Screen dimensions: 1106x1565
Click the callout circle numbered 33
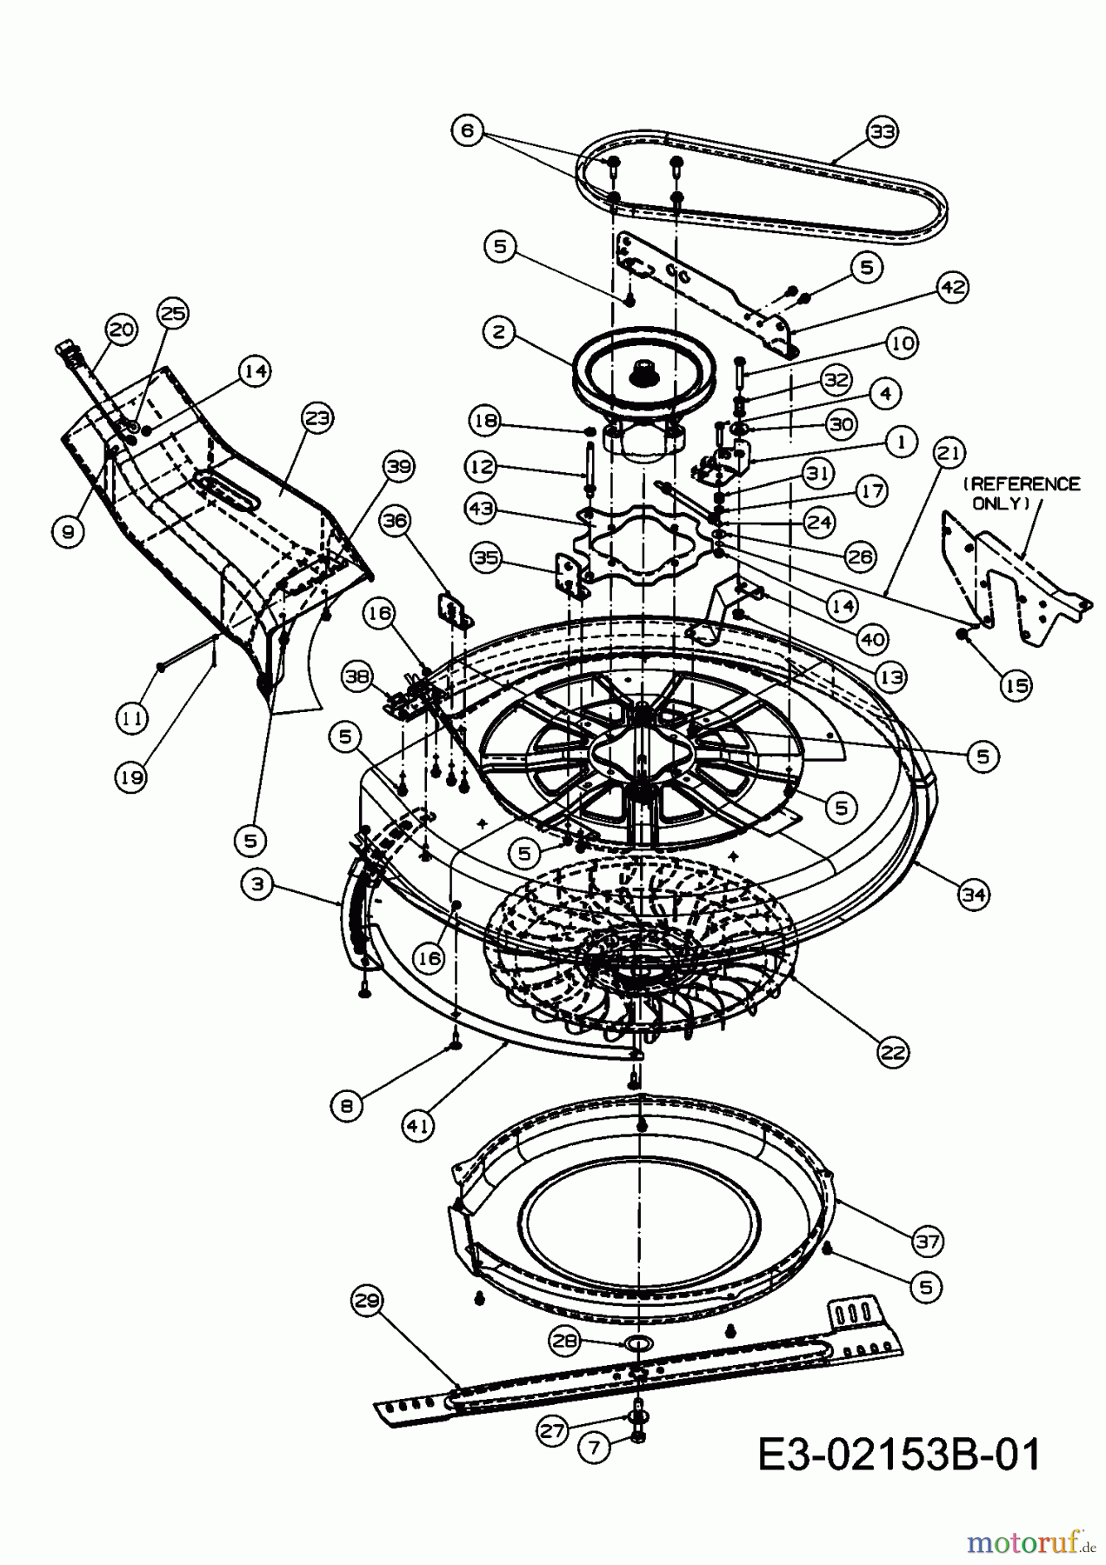pos(883,132)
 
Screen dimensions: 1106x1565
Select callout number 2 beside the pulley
pos(499,332)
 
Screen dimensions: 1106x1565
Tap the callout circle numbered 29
pos(367,1302)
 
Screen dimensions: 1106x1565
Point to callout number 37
pos(928,1241)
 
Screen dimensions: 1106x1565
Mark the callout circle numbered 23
pos(317,418)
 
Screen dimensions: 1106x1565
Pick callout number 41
pos(418,1126)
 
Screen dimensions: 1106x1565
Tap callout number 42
pos(953,288)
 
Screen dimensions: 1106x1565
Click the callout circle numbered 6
pos(468,131)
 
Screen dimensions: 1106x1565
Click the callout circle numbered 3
pos(257,886)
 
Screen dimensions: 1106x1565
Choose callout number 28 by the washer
pos(565,1341)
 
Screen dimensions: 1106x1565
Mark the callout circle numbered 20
pos(122,329)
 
